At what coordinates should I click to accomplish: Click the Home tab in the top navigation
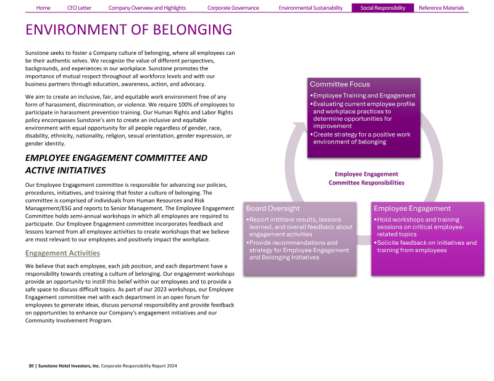43,8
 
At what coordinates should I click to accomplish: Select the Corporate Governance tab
233,8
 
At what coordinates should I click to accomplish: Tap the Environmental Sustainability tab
310,8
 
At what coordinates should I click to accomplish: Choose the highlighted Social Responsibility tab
383,8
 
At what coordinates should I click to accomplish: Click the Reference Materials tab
441,8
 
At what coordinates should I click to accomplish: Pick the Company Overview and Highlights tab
147,8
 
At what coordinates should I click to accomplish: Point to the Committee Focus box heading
340,84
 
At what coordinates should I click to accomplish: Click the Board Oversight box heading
273,208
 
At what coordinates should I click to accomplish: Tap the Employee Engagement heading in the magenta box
412,208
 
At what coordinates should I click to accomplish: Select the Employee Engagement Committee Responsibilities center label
366,178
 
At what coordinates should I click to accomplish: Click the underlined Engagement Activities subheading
62,253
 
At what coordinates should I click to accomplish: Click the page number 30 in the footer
31,366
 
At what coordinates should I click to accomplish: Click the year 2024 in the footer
171,366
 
